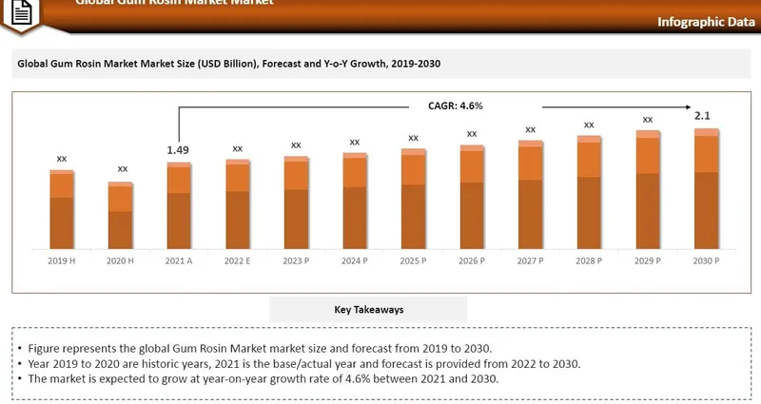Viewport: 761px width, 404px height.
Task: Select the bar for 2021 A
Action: (179, 206)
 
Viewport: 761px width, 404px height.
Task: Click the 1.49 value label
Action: (178, 150)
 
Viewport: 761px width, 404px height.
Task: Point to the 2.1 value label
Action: (703, 116)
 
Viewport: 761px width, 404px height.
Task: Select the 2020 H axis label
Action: (120, 260)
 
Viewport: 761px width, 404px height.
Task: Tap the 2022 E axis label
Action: (237, 260)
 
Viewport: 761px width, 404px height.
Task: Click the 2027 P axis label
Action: (530, 260)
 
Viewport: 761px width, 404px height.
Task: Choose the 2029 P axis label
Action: (647, 260)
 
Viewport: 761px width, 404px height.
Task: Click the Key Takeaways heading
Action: (368, 310)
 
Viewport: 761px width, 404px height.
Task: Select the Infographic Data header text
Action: (699, 22)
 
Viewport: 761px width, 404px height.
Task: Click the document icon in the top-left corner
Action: (21, 13)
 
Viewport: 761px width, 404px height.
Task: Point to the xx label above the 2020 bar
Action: (123, 169)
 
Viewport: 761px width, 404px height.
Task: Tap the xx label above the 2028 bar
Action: (589, 125)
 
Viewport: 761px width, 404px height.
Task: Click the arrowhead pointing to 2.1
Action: (695, 106)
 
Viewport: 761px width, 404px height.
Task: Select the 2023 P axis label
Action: (296, 260)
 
